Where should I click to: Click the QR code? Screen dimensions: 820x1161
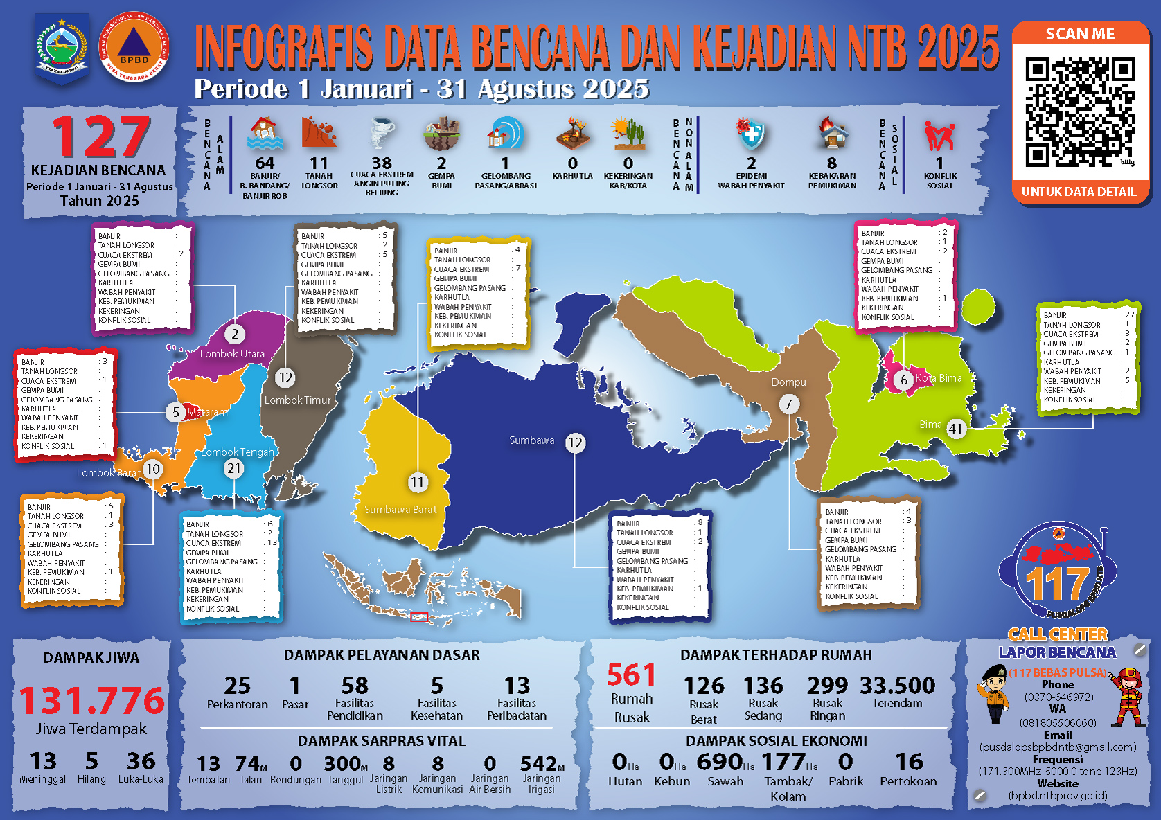(1080, 112)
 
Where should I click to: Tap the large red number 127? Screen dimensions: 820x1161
(101, 136)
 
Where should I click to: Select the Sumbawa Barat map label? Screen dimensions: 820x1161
(400, 510)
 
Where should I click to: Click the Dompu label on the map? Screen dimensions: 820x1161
(788, 382)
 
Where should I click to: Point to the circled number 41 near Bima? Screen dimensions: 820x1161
(956, 429)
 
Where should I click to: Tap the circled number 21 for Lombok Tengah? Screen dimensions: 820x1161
(234, 469)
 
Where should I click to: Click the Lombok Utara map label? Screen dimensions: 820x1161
(232, 353)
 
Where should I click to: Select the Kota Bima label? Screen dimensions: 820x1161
(938, 378)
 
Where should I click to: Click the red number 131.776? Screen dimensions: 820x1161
(92, 700)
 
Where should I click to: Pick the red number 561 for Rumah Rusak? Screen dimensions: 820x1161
(631, 675)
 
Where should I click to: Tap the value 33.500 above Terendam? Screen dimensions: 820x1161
(897, 686)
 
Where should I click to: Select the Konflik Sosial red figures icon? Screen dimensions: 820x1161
(939, 135)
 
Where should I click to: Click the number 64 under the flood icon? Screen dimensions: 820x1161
(265, 163)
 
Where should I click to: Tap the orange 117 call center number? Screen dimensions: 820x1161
(1057, 584)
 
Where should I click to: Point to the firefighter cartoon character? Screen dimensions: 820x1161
(1126, 697)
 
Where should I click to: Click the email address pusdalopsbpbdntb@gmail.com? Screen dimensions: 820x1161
(1058, 747)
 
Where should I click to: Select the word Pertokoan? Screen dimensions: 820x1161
(908, 781)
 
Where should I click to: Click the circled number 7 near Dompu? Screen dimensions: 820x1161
(788, 404)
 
